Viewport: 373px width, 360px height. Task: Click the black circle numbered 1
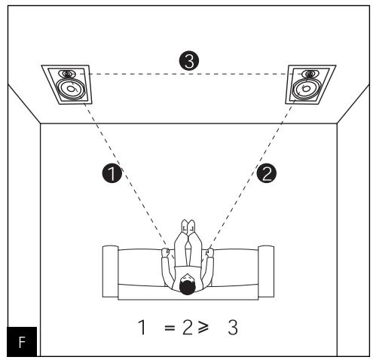[112, 174]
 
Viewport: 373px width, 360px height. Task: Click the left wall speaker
[68, 85]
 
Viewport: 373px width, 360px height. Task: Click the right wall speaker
[309, 85]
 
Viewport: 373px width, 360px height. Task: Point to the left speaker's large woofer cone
[70, 90]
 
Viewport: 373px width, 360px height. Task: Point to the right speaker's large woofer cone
[307, 90]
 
